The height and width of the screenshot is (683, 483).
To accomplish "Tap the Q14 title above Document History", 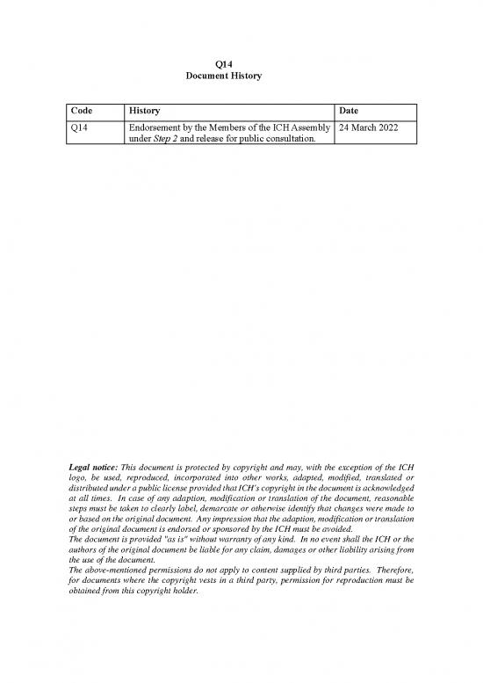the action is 224,63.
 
